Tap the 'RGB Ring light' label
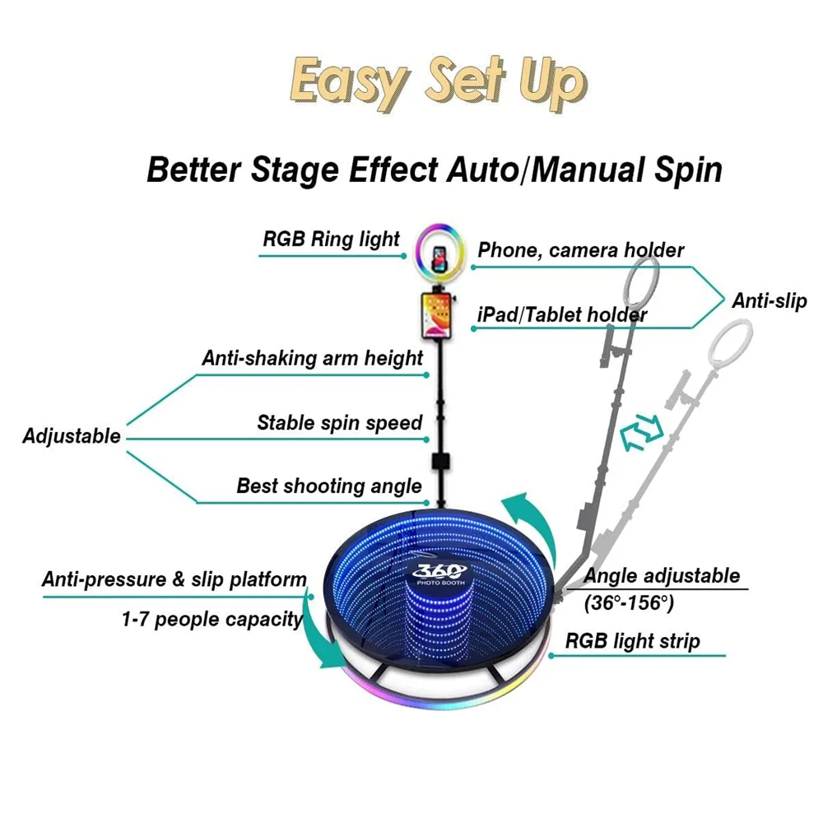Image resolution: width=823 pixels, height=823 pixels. coord(331,239)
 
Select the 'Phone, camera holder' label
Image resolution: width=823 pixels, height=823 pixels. coord(581,249)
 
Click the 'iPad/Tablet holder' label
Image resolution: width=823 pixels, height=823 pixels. coord(562,314)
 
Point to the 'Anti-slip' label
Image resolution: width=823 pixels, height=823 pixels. coord(770,301)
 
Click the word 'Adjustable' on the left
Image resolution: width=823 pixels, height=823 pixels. coord(72,436)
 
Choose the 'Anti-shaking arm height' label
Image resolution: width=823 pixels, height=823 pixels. coord(313,358)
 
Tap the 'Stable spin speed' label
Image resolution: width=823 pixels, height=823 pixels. coord(339,423)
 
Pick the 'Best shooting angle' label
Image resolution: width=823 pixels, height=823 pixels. coord(329,486)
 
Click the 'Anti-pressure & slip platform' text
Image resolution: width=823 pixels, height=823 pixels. coord(174,579)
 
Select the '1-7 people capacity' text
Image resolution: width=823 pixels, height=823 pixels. coord(212,619)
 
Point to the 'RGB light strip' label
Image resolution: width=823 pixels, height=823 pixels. coord(632,641)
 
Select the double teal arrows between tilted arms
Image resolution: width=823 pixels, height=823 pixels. coord(640,433)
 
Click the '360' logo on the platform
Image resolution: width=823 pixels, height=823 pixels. coord(439,572)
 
